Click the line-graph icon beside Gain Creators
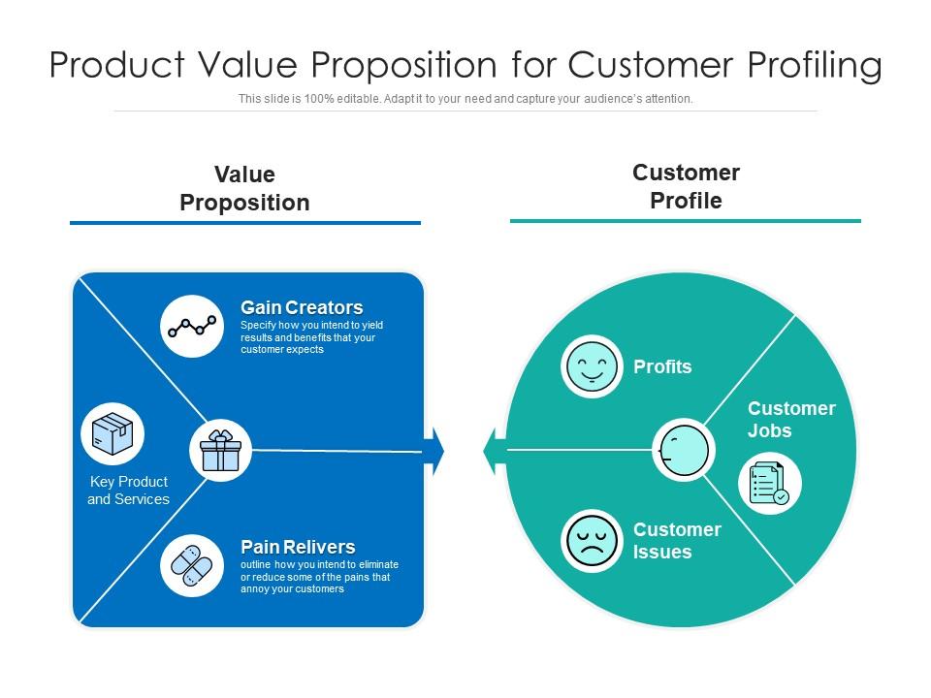point(192,327)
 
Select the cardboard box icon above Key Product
point(112,433)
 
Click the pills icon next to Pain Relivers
point(192,565)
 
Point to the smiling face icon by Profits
point(592,367)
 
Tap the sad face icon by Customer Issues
point(592,541)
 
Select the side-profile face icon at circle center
point(683,450)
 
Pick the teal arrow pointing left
point(491,451)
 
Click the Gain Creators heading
point(302,308)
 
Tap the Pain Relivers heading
point(298,547)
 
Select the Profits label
point(662,367)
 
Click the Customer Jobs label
point(790,420)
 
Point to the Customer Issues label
point(676,541)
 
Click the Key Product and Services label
point(128,491)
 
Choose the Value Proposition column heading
point(244,189)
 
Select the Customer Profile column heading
point(686,187)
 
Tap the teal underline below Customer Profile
point(685,221)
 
